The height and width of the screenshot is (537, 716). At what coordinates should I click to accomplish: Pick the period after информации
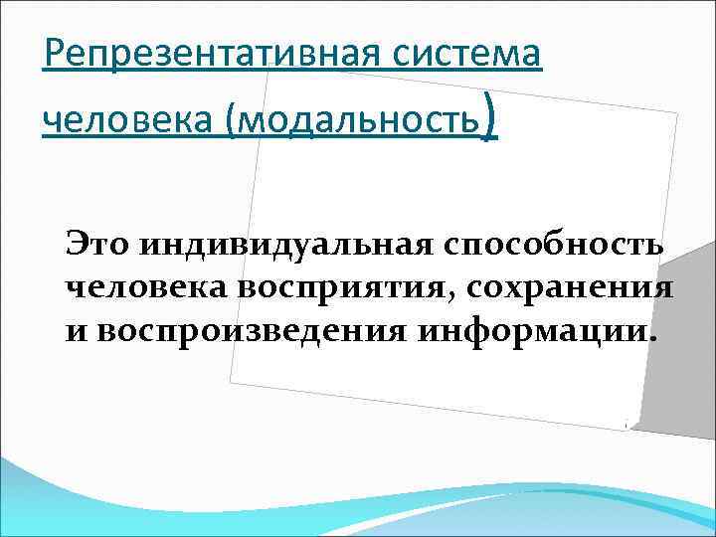pos(652,336)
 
